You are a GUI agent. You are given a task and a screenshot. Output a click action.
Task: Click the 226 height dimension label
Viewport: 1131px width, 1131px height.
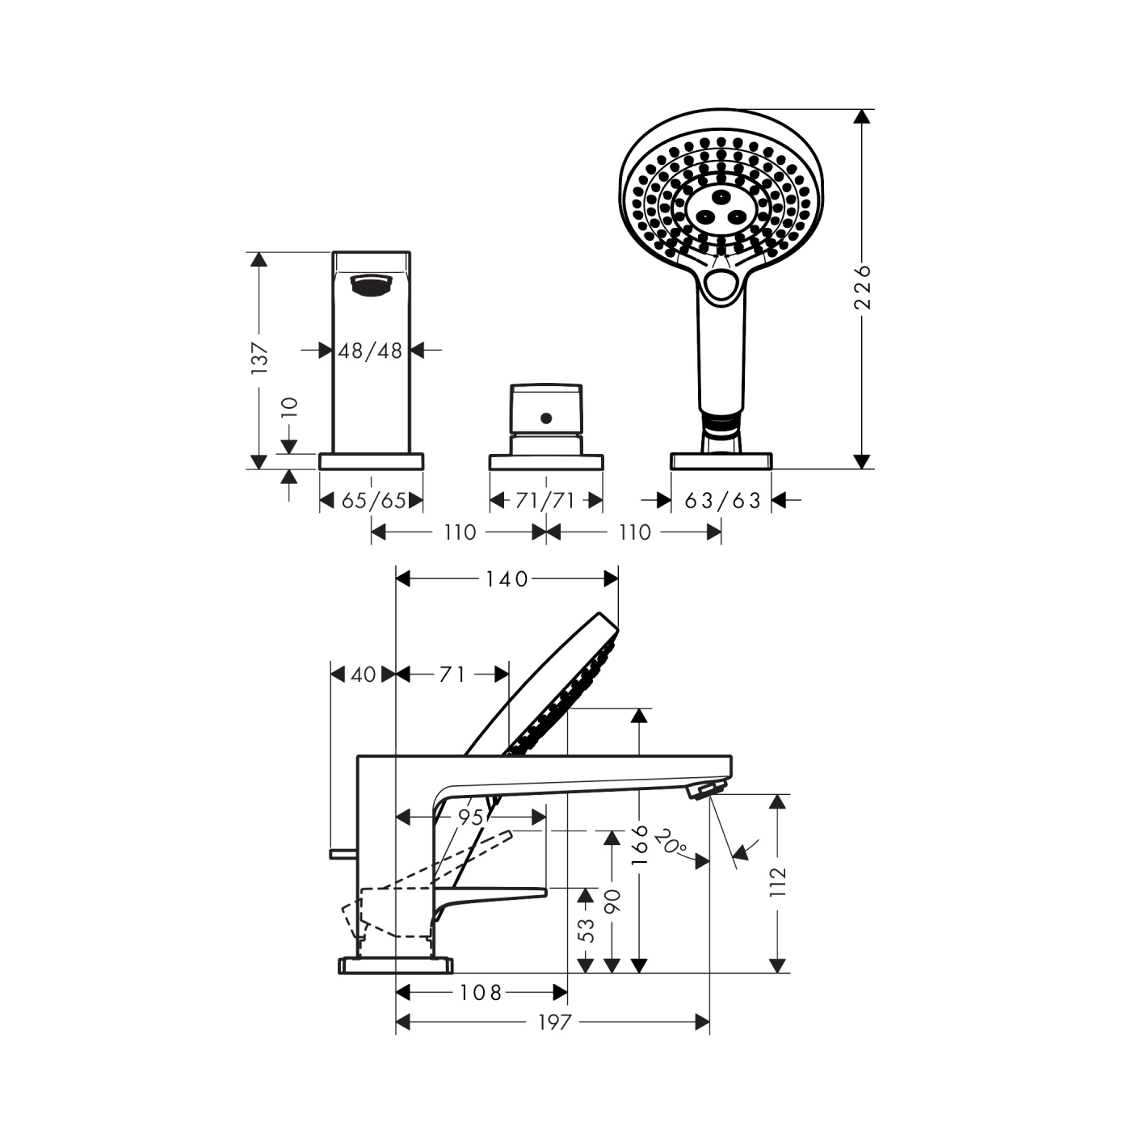862,288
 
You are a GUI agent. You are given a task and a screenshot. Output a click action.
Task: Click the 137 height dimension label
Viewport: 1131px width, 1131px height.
259,357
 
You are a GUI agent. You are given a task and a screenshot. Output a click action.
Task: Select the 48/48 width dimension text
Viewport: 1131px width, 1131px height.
370,351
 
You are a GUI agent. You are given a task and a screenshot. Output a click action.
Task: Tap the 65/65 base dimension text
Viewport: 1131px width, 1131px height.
374,501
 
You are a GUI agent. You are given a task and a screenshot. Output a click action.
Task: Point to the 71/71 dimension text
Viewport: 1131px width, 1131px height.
545,501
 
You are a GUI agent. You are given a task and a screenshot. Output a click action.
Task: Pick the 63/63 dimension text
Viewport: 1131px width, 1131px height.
722,501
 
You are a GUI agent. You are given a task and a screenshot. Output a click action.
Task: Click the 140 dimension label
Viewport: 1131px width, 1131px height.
507,579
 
